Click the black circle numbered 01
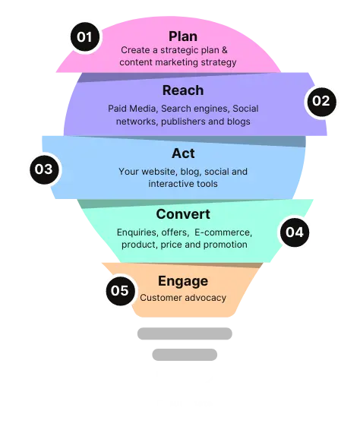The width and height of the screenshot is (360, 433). tap(85, 36)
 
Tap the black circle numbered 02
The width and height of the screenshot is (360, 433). tap(321, 101)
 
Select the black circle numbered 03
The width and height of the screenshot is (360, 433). tap(44, 169)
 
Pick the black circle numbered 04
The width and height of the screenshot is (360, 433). tap(295, 232)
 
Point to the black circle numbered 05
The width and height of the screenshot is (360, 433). tap(120, 291)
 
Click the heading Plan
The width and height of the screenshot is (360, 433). tap(183, 36)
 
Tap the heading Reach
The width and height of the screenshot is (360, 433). tap(183, 90)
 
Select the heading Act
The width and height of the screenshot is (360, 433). tap(183, 153)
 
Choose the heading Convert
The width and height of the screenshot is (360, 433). tap(183, 214)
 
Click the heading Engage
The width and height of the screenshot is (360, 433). tap(183, 281)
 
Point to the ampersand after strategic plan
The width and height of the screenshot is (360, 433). tap(225, 50)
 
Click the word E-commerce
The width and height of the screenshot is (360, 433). tap(223, 232)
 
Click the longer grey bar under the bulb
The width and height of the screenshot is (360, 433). tap(185, 333)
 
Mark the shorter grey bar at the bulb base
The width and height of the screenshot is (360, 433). tap(185, 355)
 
